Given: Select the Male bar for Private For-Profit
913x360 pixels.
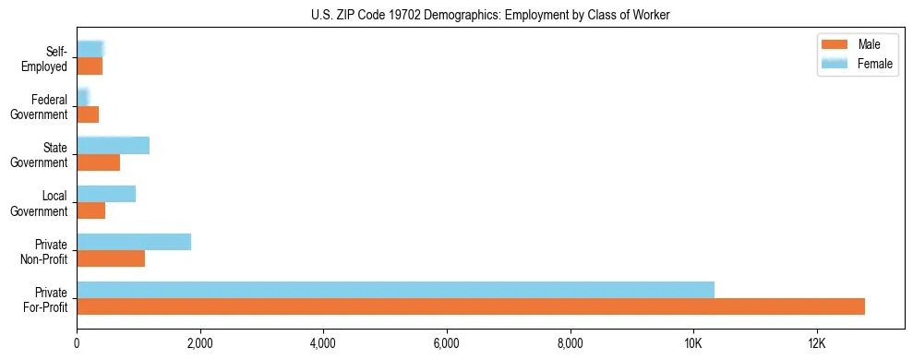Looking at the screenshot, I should tap(471, 306).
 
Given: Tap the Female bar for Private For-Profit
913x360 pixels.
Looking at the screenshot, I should tap(395, 289).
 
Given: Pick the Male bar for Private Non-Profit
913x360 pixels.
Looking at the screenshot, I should tap(111, 258).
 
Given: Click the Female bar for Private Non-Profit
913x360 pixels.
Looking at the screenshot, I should tap(134, 241).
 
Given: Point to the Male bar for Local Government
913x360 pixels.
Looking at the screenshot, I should tap(90, 210).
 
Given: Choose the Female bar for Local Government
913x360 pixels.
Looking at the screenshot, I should tap(106, 193).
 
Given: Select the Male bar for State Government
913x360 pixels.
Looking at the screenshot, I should tap(98, 162).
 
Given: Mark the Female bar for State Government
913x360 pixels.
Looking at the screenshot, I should tap(113, 145).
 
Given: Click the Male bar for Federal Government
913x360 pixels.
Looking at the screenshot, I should tap(88, 114).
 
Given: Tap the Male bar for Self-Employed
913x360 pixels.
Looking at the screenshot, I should tap(90, 66).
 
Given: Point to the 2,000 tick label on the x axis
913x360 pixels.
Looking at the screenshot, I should tap(200, 342).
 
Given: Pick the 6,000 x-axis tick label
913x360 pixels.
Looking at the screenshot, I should tap(447, 342).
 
